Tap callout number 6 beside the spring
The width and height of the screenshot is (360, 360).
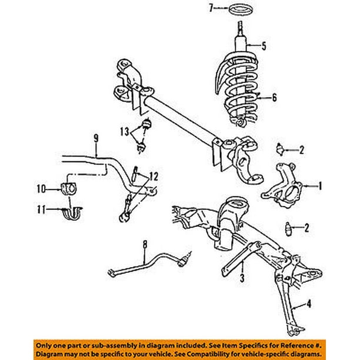pos(274,98)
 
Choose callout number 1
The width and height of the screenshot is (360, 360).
pos(321,187)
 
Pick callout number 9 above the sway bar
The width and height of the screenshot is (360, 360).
pos(95,140)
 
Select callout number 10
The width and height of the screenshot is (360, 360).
pos(41,189)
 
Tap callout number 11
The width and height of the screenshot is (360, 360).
pos(41,208)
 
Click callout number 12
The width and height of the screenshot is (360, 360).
pos(154,175)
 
